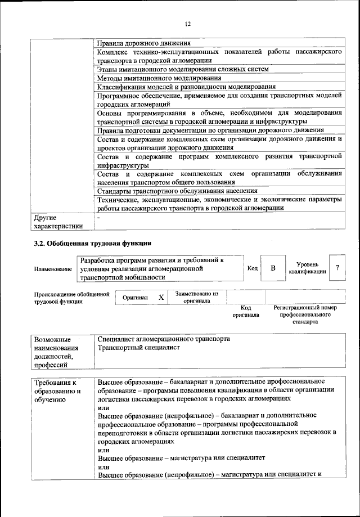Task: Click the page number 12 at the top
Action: point(188,24)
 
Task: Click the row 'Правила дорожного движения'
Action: point(144,43)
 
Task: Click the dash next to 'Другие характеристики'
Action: point(98,217)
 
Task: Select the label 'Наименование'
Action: point(53,269)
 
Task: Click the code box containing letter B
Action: point(273,268)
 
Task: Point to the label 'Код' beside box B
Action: point(253,268)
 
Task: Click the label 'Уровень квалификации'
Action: point(307,268)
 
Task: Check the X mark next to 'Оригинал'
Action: point(161,297)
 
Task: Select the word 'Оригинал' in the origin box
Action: point(136,297)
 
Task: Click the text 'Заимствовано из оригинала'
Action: point(196,297)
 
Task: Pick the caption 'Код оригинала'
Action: point(246,311)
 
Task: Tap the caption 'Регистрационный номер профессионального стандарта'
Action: point(305,314)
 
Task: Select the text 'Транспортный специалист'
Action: point(138,348)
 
